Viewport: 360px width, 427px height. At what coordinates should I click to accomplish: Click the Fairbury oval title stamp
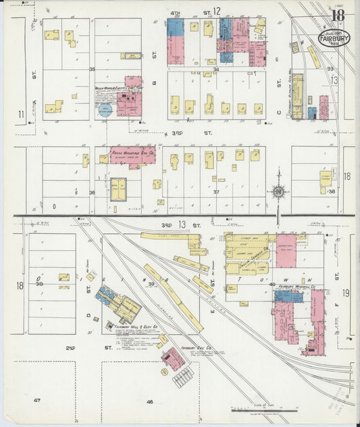click(x=332, y=39)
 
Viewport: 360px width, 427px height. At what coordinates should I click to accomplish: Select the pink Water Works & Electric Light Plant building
click(x=129, y=101)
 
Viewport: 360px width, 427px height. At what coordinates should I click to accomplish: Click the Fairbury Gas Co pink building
click(x=174, y=359)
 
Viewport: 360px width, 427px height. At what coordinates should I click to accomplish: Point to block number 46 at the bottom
click(x=149, y=401)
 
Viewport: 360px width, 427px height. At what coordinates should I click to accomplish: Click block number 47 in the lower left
click(x=37, y=401)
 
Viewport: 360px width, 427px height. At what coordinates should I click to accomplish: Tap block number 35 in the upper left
click(x=92, y=70)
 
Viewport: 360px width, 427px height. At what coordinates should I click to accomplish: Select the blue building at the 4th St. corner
click(x=175, y=28)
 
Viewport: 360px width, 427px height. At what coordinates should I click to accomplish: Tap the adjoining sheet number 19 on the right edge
click(x=345, y=293)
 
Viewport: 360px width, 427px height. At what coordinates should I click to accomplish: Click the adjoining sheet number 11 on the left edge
click(x=21, y=114)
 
